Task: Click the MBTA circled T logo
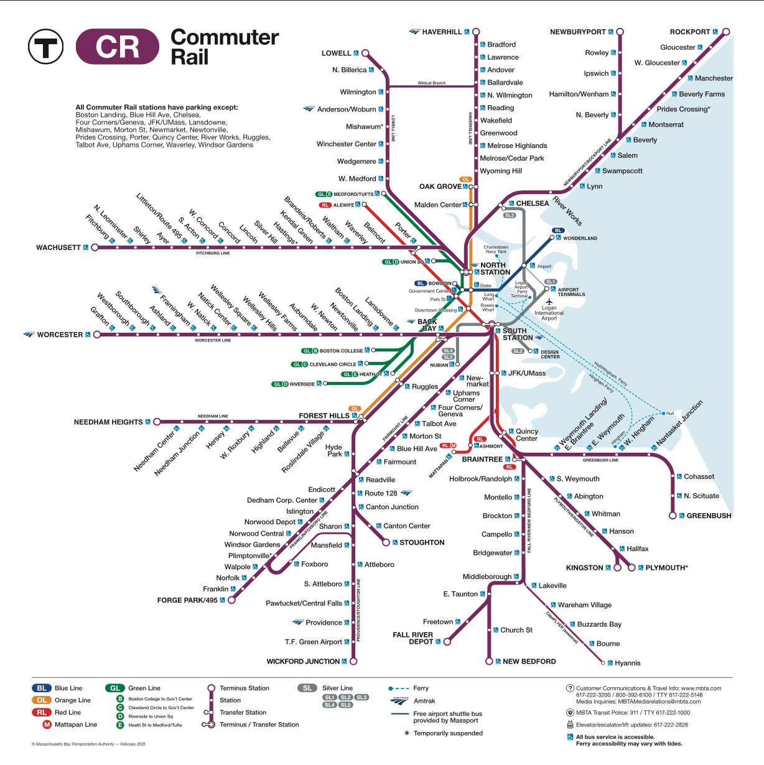pyautogui.click(x=45, y=47)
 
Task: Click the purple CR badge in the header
pyautogui.click(x=118, y=47)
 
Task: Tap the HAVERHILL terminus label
pyautogui.click(x=442, y=32)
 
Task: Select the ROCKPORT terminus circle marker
pyautogui.click(x=725, y=32)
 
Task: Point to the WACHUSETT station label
pyautogui.click(x=58, y=248)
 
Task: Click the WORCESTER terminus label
pyautogui.click(x=60, y=335)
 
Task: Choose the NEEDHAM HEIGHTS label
pyautogui.click(x=108, y=422)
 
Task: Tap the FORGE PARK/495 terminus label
pyautogui.click(x=187, y=601)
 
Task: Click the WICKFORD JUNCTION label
pyautogui.click(x=303, y=662)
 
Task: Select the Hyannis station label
pyautogui.click(x=627, y=663)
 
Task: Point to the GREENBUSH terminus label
pyautogui.click(x=709, y=516)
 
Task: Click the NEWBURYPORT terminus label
pyautogui.click(x=577, y=32)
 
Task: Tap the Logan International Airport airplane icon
pyautogui.click(x=549, y=302)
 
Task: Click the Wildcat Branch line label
pyautogui.click(x=431, y=83)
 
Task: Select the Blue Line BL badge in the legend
pyautogui.click(x=42, y=688)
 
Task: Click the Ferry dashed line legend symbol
pyautogui.click(x=398, y=688)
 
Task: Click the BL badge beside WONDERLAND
pyautogui.click(x=558, y=231)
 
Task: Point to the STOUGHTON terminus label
pyautogui.click(x=422, y=543)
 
